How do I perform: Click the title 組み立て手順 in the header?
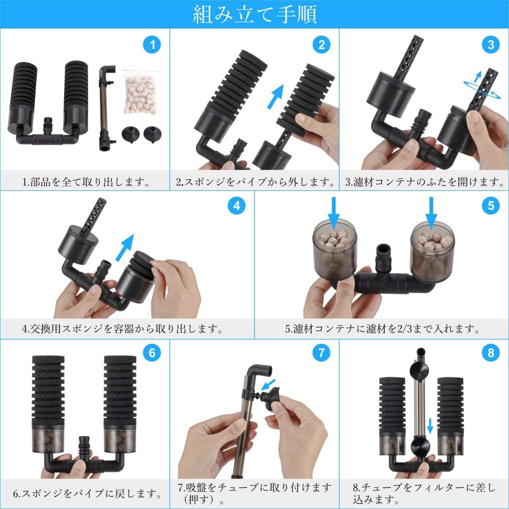(x=254, y=14)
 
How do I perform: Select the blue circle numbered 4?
(x=236, y=205)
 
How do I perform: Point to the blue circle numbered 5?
(x=490, y=205)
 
